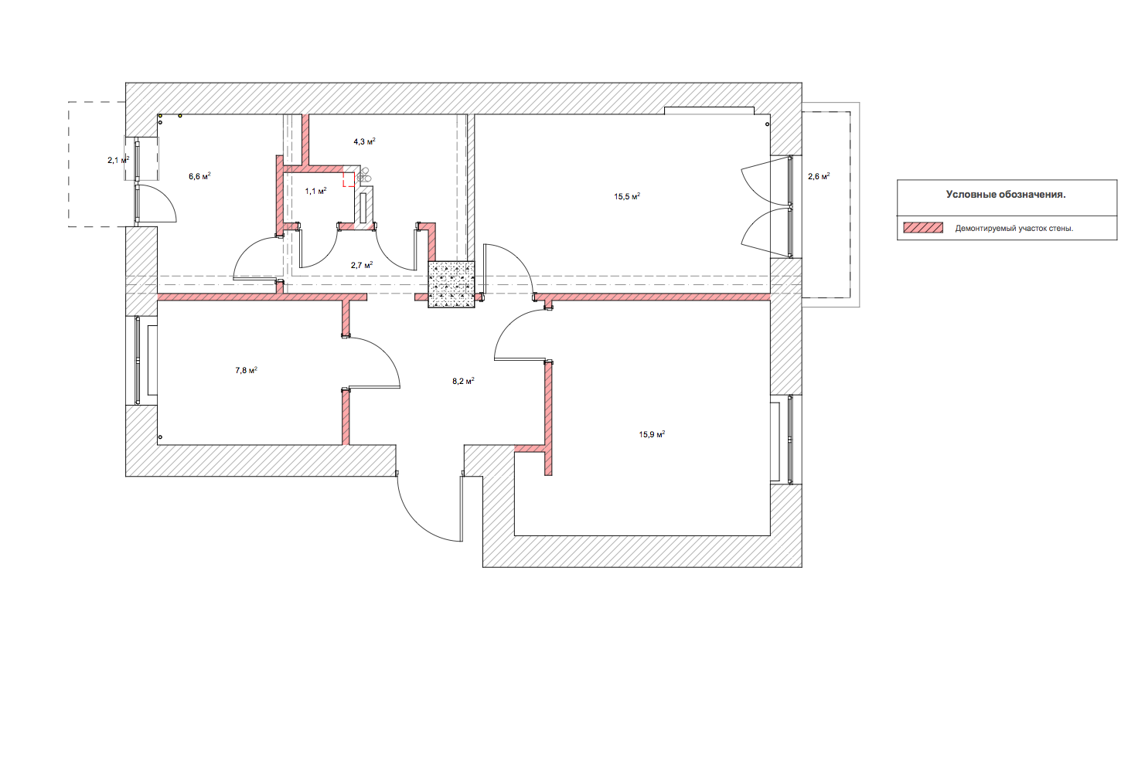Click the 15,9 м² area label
pyautogui.click(x=652, y=434)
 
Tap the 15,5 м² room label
pyautogui.click(x=627, y=196)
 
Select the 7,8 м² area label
pyautogui.click(x=246, y=370)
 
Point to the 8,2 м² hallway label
pyautogui.click(x=463, y=380)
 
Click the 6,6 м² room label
pyautogui.click(x=199, y=176)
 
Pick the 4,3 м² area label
pyautogui.click(x=364, y=141)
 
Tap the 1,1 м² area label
pyautogui.click(x=316, y=191)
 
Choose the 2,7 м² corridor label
pyautogui.click(x=361, y=265)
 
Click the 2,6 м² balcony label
pyautogui.click(x=819, y=176)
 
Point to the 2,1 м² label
pyautogui.click(x=118, y=160)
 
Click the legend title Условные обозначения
pyautogui.click(x=1006, y=195)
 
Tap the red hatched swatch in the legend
pyautogui.click(x=923, y=228)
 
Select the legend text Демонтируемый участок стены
pyautogui.click(x=1014, y=229)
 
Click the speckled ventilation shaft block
pyautogui.click(x=452, y=284)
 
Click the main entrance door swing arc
pyautogui.click(x=418, y=521)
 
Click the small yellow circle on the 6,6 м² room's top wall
pyautogui.click(x=180, y=116)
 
